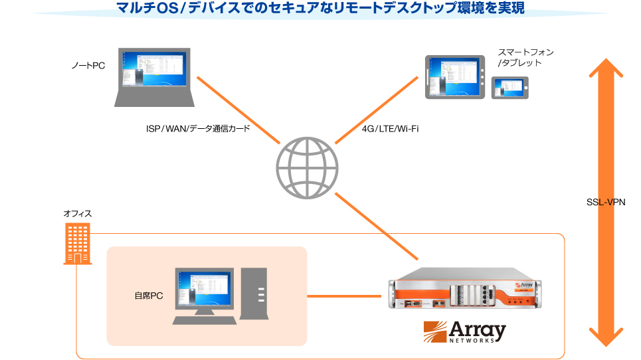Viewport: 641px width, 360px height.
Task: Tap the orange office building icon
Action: (x=78, y=244)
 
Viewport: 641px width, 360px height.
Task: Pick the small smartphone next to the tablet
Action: (x=510, y=87)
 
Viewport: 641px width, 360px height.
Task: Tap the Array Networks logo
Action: (x=465, y=331)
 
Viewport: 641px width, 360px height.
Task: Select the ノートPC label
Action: (x=89, y=65)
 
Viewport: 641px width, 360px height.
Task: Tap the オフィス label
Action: (x=77, y=213)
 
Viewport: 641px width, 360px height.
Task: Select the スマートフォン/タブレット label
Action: (x=525, y=57)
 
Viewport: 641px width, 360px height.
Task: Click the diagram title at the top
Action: (x=320, y=9)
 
